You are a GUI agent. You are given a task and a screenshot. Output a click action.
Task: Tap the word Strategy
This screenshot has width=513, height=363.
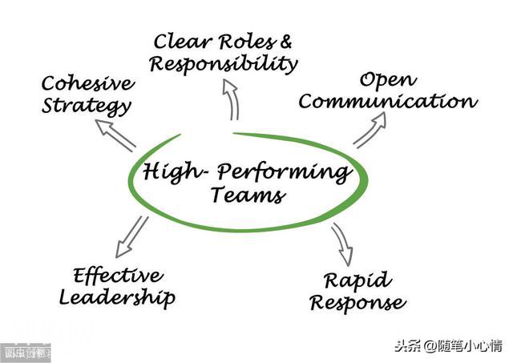click(x=87, y=106)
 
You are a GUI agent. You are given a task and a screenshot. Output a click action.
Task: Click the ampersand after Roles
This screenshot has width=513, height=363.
click(x=285, y=40)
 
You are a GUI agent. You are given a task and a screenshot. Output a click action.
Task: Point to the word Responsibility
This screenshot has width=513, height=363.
click(x=224, y=63)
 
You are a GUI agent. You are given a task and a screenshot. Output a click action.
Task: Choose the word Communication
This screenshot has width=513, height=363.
click(x=388, y=102)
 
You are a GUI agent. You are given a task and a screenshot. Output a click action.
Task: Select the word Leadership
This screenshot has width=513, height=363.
click(x=117, y=298)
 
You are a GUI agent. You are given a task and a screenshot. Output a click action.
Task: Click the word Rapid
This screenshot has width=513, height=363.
click(x=357, y=280)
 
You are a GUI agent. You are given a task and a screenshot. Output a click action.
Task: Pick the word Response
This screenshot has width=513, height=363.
click(x=357, y=303)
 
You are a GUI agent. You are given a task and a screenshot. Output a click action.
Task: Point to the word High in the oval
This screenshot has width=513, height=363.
click(x=169, y=171)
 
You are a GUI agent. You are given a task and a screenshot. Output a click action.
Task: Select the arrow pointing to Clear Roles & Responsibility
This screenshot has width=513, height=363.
click(x=233, y=103)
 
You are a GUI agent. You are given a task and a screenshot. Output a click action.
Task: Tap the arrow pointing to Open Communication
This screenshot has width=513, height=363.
click(x=370, y=129)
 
